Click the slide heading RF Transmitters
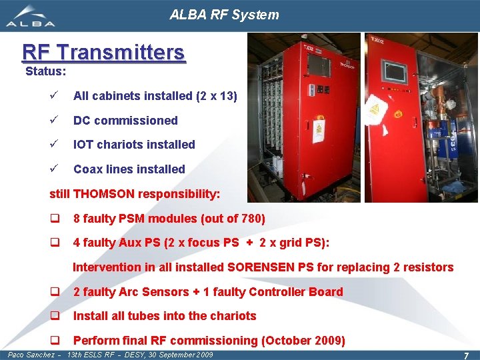103,52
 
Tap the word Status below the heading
43,71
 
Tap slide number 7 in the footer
466,355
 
